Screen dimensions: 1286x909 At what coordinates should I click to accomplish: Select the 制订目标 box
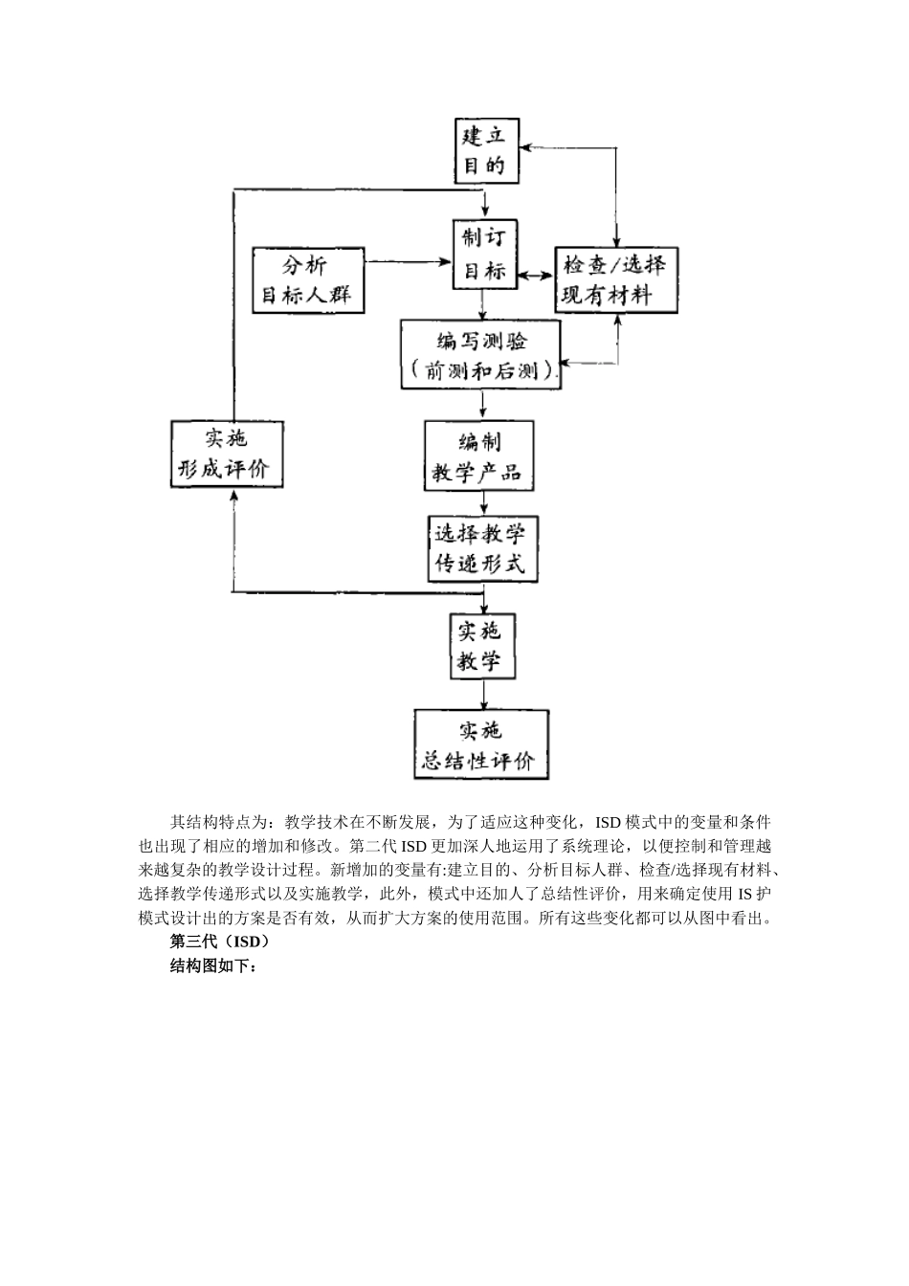click(x=484, y=255)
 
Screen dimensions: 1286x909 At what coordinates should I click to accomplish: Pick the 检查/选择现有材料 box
click(x=617, y=279)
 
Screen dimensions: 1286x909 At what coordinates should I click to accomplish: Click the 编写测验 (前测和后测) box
click(x=481, y=355)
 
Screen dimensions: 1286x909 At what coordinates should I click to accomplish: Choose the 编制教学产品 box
click(x=478, y=456)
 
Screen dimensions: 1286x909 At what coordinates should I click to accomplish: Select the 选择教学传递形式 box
click(x=482, y=548)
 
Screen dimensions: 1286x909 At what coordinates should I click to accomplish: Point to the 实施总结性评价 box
click(x=481, y=744)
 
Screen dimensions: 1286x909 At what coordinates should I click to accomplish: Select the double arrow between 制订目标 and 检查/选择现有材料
click(x=536, y=275)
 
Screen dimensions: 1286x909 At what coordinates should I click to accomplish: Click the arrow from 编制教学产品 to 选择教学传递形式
click(x=484, y=503)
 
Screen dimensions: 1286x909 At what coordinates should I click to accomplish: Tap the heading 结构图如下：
click(x=213, y=966)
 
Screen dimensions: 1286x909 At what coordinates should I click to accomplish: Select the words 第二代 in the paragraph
click(x=375, y=846)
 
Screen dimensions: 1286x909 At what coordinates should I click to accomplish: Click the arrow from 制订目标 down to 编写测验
click(x=484, y=305)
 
